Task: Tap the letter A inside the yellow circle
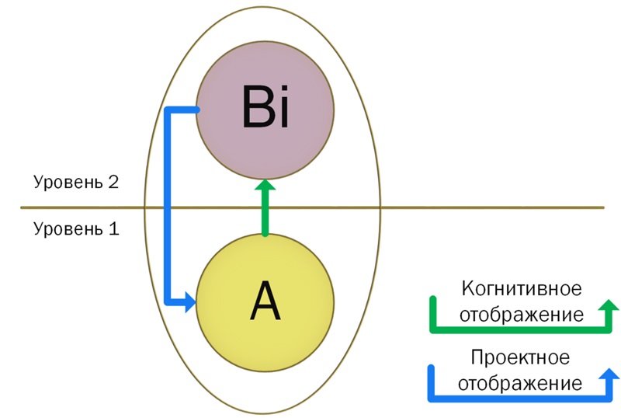pyautogui.click(x=265, y=302)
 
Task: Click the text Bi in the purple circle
pyautogui.click(x=265, y=110)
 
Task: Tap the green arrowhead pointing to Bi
pyautogui.click(x=265, y=186)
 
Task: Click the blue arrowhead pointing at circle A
pyautogui.click(x=189, y=303)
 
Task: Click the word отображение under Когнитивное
pyautogui.click(x=521, y=315)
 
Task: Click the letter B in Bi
pyautogui.click(x=257, y=110)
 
